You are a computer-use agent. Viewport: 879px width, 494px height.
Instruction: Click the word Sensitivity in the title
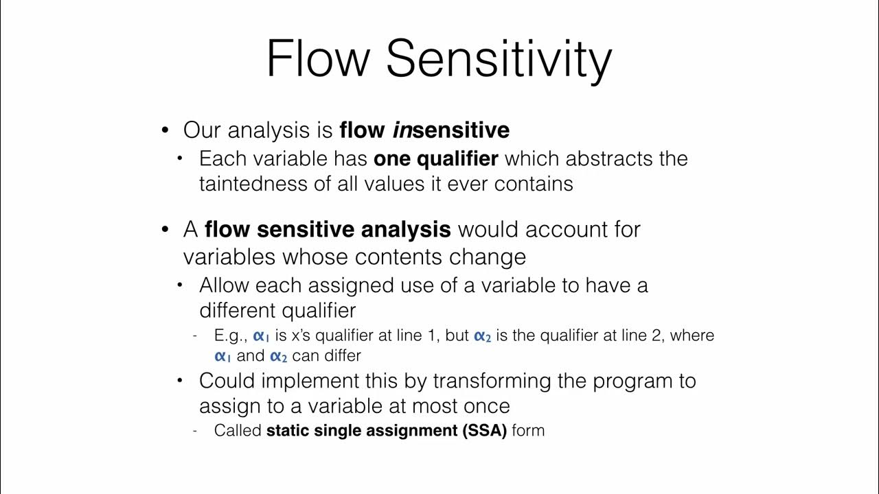499,59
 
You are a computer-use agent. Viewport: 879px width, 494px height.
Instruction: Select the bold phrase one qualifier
435,158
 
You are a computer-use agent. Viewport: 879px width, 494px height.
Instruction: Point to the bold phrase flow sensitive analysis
328,229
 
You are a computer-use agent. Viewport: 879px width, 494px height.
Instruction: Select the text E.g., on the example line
231,336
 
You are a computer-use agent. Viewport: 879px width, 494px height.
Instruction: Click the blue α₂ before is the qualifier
482,336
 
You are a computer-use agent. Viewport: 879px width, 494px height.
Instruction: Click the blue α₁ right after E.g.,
262,336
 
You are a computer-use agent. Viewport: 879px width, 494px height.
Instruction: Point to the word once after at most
483,405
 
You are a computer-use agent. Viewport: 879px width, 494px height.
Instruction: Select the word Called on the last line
238,431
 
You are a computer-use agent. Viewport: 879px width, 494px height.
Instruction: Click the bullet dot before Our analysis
165,130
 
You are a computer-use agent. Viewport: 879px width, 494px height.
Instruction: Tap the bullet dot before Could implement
181,381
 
